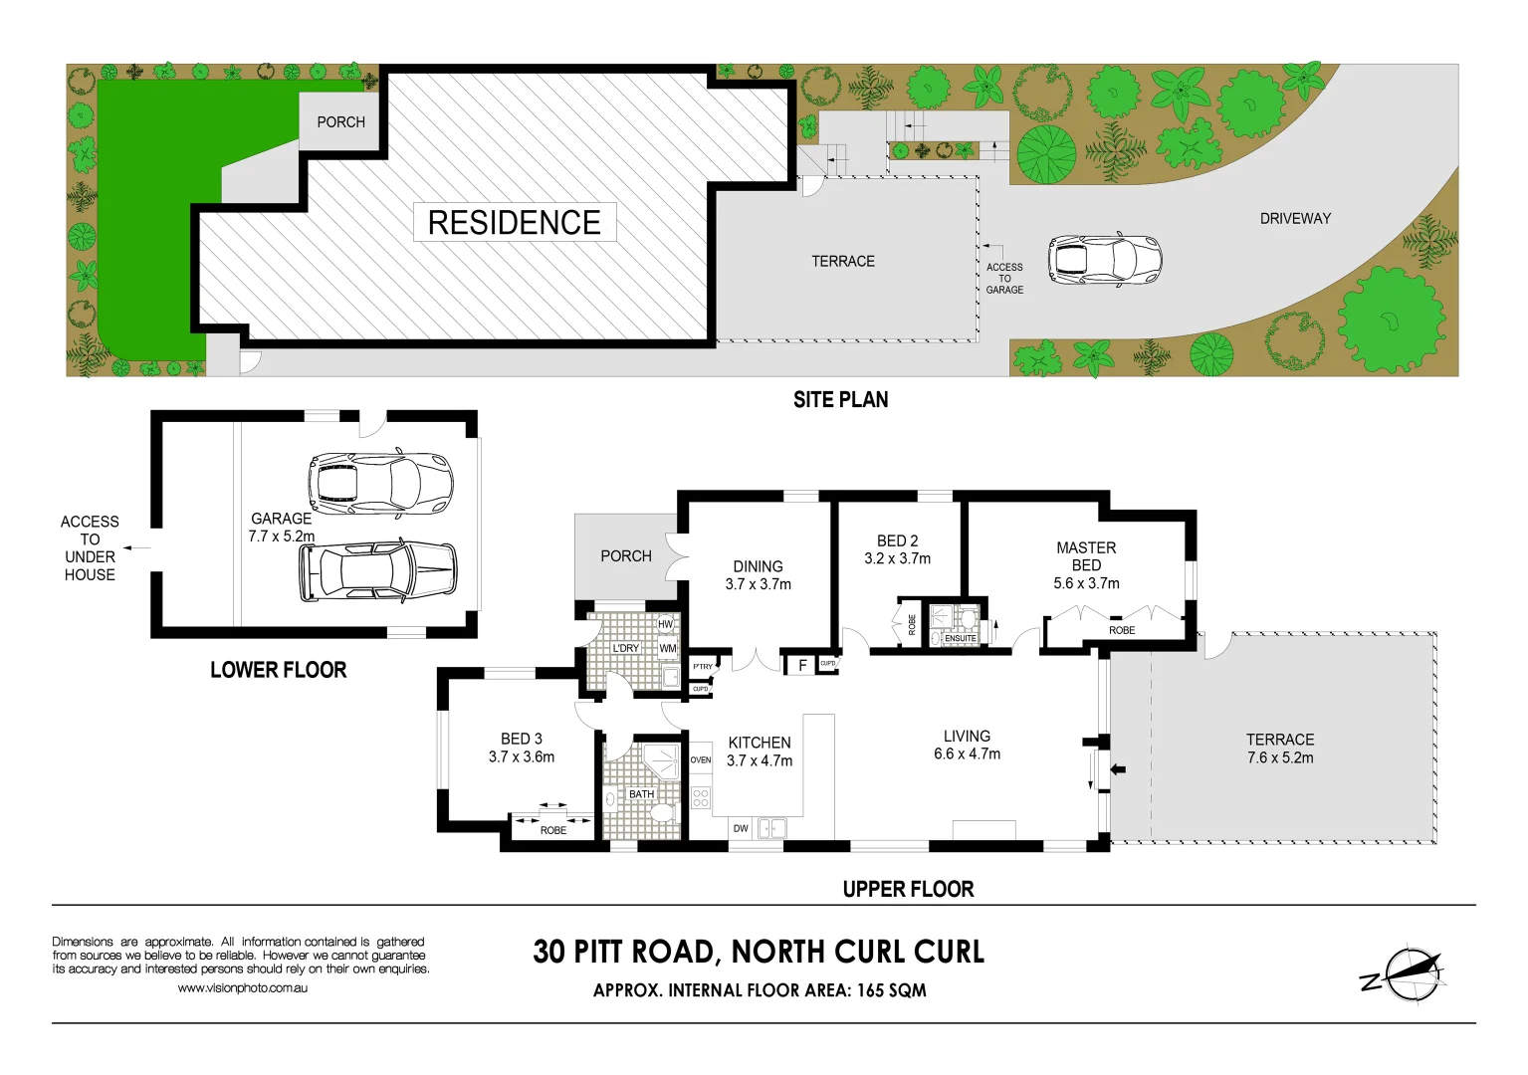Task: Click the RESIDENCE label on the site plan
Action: tap(515, 222)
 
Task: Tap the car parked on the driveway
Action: tap(1104, 260)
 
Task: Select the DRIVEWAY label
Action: tap(1295, 218)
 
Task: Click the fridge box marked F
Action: tap(801, 665)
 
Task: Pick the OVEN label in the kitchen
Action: tap(701, 759)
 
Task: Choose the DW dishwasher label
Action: tap(741, 828)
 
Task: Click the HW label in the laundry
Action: tap(666, 624)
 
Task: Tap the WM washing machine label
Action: tap(668, 648)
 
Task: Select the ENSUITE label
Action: tap(961, 638)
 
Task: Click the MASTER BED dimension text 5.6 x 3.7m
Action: tap(1086, 583)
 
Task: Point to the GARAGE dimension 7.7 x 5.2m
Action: tap(282, 537)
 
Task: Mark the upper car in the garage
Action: tap(381, 483)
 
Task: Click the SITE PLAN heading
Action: tap(840, 400)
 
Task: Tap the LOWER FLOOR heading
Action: tap(278, 670)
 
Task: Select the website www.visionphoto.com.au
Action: tap(242, 988)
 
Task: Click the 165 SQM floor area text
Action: tap(892, 990)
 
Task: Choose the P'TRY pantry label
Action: tap(703, 667)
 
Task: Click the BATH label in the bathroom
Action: tap(641, 794)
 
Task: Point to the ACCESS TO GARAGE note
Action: tap(1004, 279)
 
